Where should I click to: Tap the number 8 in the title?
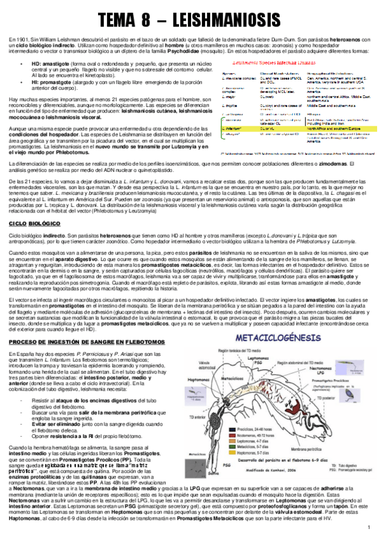pos(151,20)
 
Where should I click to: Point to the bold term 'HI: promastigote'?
pos(53,82)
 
